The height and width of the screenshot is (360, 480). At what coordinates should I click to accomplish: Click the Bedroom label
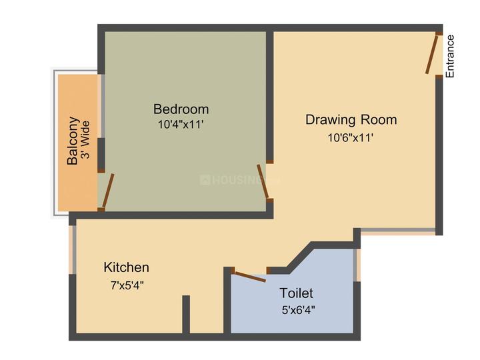click(x=181, y=109)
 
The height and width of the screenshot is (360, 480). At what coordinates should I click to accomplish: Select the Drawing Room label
click(x=351, y=120)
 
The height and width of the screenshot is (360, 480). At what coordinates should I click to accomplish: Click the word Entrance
click(x=450, y=56)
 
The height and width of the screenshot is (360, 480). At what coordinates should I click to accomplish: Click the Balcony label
click(x=73, y=141)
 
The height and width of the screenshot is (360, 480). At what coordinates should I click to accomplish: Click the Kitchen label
click(x=126, y=267)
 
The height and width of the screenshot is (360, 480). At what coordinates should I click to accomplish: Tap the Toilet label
click(x=296, y=293)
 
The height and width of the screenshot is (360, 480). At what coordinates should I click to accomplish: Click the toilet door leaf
click(x=251, y=276)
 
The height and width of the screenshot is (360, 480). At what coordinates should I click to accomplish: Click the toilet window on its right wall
click(x=357, y=265)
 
